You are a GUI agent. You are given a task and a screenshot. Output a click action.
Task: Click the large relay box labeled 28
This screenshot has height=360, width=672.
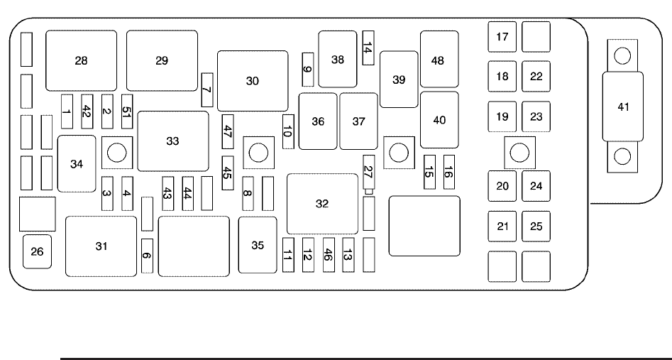(82, 60)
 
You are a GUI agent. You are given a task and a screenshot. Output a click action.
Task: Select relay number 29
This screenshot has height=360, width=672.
(162, 60)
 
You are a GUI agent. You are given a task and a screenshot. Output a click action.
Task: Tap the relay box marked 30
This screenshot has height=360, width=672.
(253, 80)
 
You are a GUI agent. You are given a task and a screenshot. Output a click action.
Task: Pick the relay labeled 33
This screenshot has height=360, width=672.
(173, 141)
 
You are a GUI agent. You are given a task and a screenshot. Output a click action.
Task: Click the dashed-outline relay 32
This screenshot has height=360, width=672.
(322, 204)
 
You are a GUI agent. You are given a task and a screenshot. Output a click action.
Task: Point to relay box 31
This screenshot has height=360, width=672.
(101, 246)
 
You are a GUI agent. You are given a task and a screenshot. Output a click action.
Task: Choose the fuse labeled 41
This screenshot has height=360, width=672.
(623, 107)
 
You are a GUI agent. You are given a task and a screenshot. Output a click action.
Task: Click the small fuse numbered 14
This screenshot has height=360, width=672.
(368, 48)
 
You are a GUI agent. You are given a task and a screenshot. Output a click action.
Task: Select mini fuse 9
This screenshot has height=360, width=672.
(307, 69)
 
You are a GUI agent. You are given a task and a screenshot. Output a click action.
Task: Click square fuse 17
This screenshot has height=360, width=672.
(502, 37)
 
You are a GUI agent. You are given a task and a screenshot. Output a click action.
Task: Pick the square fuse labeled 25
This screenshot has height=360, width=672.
(536, 227)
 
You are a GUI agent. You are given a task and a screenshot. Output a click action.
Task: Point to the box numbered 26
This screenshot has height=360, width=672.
(37, 251)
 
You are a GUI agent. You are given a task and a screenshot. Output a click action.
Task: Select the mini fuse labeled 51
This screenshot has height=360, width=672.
(127, 111)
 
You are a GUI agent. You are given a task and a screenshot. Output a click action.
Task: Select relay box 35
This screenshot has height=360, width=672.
(257, 245)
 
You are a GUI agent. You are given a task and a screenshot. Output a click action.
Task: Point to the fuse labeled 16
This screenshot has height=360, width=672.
(449, 171)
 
